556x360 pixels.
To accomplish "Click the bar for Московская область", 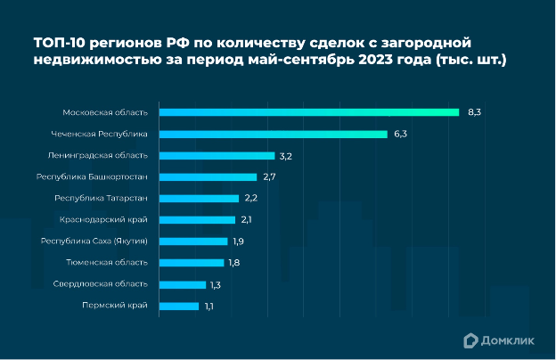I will point(309,112).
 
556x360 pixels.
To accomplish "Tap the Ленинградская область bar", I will point(217,155).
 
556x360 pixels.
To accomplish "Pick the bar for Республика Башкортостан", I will point(208,176).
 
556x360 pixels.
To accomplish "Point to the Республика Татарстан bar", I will point(200,198).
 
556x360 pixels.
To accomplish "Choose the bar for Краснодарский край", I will point(198,219).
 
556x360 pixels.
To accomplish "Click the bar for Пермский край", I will point(180,306).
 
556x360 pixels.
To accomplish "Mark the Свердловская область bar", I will point(183,284).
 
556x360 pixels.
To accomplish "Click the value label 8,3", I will point(474,112).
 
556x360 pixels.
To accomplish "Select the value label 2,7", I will point(270,177).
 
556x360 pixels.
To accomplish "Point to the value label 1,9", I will point(239,241).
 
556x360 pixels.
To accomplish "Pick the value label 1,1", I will point(209,307).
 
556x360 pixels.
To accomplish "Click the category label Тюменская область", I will point(107,263).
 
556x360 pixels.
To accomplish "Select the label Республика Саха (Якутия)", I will point(94,241).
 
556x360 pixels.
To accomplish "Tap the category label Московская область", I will point(105,112).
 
